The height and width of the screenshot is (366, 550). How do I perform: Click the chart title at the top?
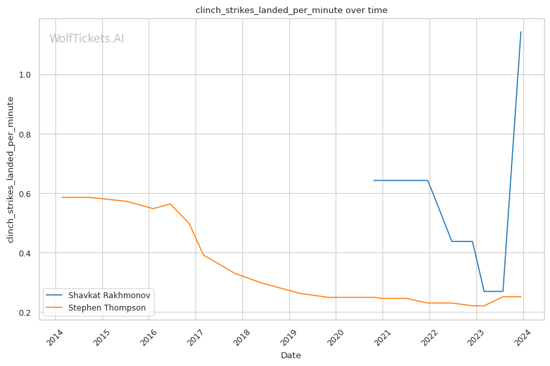291,10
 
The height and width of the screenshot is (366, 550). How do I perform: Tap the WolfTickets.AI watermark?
87,38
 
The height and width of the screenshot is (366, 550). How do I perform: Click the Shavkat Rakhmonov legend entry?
109,296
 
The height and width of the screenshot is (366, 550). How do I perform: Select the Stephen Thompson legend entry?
107,307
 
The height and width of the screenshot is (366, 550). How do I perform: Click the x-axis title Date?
291,356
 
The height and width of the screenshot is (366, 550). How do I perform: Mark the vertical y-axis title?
10,170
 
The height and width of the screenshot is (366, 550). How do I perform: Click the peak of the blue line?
521,32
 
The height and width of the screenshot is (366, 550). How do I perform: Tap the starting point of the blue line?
374,180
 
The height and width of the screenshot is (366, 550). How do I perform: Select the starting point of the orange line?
62,197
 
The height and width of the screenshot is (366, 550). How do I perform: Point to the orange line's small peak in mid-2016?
170,204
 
